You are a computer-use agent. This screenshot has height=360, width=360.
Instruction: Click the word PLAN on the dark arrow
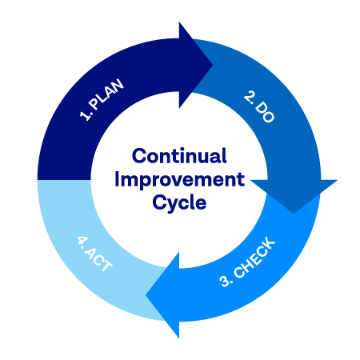pyautogui.click(x=106, y=94)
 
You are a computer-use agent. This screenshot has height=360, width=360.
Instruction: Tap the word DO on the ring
pyautogui.click(x=265, y=112)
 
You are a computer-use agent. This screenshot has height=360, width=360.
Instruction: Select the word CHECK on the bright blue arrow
pyautogui.click(x=254, y=258)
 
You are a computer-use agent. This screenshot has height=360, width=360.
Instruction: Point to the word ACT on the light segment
pyautogui.click(x=98, y=258)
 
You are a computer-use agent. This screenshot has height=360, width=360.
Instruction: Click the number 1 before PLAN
pyautogui.click(x=85, y=114)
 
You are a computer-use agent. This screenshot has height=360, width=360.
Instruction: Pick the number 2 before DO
pyautogui.click(x=249, y=97)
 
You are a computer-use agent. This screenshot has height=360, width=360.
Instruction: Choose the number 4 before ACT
pyautogui.click(x=82, y=241)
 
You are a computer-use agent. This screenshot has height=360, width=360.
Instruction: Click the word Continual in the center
pyautogui.click(x=179, y=156)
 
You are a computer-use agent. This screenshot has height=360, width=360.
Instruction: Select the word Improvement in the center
pyautogui.click(x=179, y=180)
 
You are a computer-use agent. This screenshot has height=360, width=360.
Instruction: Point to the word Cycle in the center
pyautogui.click(x=179, y=202)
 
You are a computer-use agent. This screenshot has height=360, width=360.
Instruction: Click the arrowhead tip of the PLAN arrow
pyautogui.click(x=213, y=65)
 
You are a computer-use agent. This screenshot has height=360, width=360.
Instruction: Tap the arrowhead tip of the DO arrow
pyautogui.click(x=294, y=214)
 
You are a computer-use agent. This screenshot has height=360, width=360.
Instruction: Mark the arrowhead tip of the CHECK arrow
pyautogui.click(x=146, y=295)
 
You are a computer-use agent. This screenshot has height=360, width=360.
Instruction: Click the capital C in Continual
pyautogui.click(x=139, y=156)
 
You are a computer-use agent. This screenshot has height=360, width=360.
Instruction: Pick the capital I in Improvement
pyautogui.click(x=117, y=179)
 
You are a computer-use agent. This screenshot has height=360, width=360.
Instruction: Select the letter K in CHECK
pyautogui.click(x=270, y=243)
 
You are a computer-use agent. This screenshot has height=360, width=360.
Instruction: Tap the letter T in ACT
pyautogui.click(x=106, y=266)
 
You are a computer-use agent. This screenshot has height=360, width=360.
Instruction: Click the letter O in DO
pyautogui.click(x=268, y=117)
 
